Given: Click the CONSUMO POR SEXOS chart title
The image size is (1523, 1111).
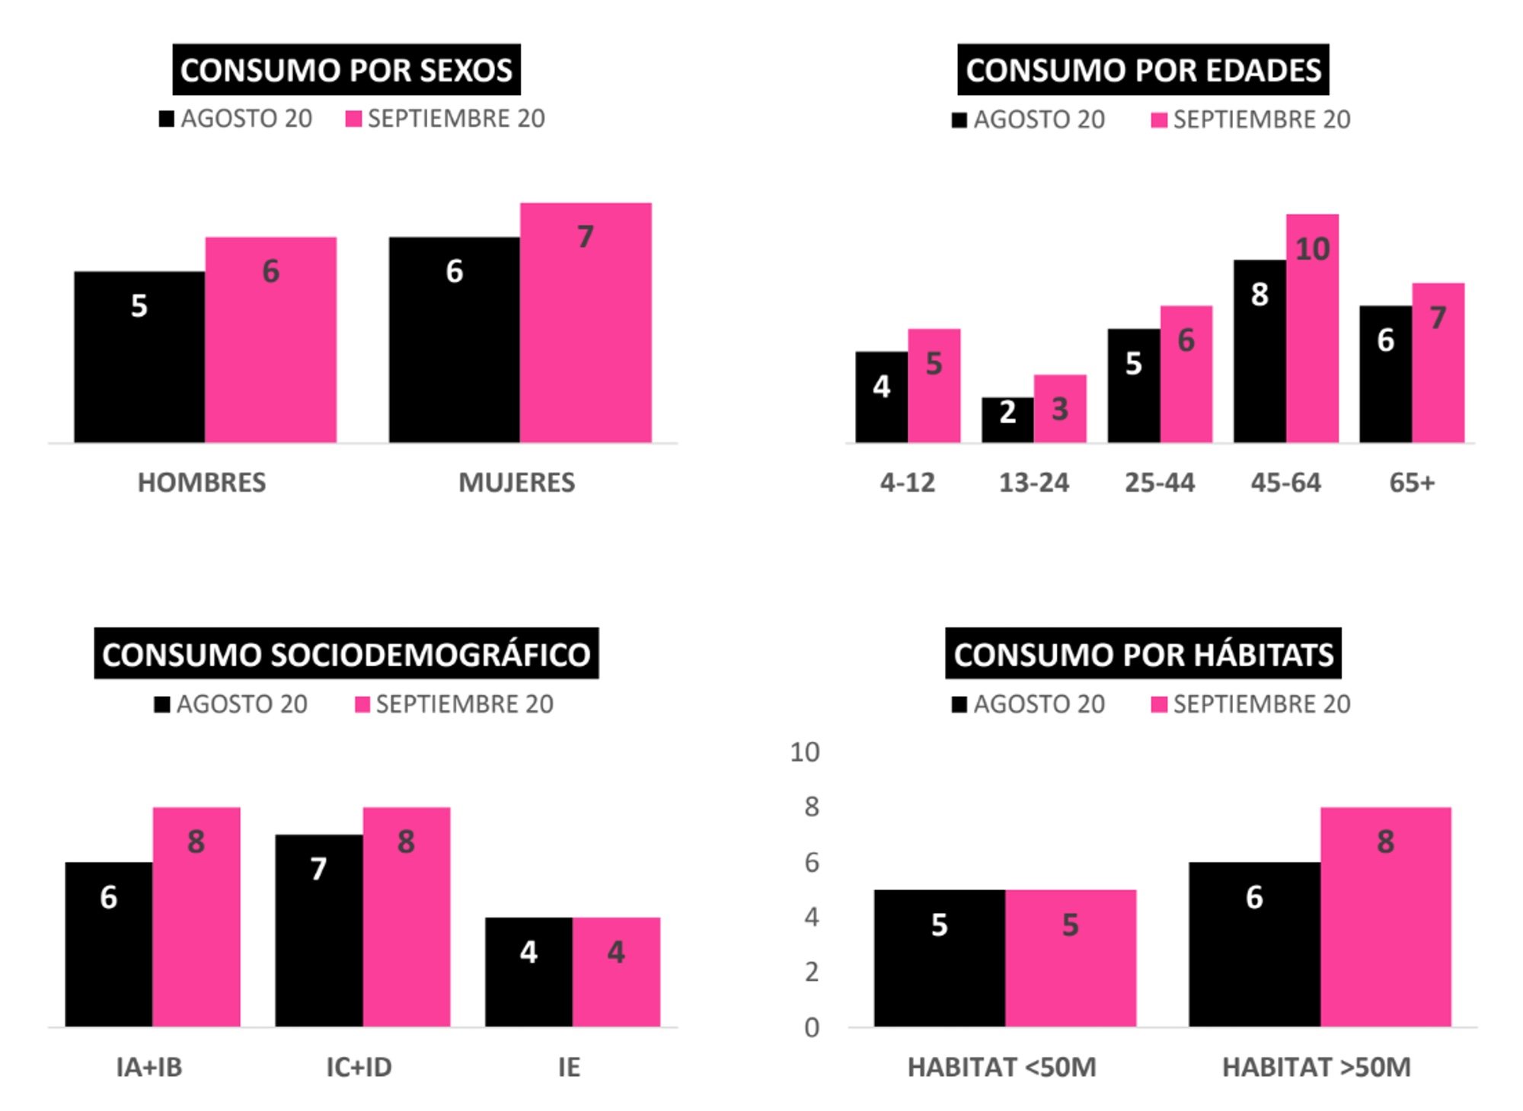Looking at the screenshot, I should point(346,69).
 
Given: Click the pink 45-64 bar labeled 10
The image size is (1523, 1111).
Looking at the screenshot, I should point(1312,328).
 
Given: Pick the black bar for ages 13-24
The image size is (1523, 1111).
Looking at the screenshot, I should point(1007,420).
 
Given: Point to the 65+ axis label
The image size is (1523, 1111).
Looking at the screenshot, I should point(1411,483).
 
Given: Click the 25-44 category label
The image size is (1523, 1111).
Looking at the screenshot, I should point(1159,483).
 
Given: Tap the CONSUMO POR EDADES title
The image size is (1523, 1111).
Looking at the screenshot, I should point(1142,69).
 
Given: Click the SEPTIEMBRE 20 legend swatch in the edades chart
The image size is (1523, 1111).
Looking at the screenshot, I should point(1159,120).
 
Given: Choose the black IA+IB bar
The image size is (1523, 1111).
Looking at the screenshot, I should point(108,944).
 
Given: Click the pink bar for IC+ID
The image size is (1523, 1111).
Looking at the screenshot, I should point(406,917).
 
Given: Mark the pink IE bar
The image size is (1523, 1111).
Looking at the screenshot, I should point(616,972).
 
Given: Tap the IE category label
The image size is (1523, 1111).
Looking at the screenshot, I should point(568,1067).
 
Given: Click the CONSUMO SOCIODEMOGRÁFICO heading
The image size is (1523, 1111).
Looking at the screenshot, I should point(346,653).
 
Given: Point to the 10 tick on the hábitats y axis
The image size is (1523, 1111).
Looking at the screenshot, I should point(804,752).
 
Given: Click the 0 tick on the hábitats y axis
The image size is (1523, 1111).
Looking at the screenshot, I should point(811,1028).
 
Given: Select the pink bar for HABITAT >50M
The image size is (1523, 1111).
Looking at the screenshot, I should point(1385,917).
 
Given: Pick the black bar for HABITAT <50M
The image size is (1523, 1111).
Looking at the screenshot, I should point(939,958).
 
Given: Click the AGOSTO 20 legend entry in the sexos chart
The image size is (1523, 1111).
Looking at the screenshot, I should point(236,119).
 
